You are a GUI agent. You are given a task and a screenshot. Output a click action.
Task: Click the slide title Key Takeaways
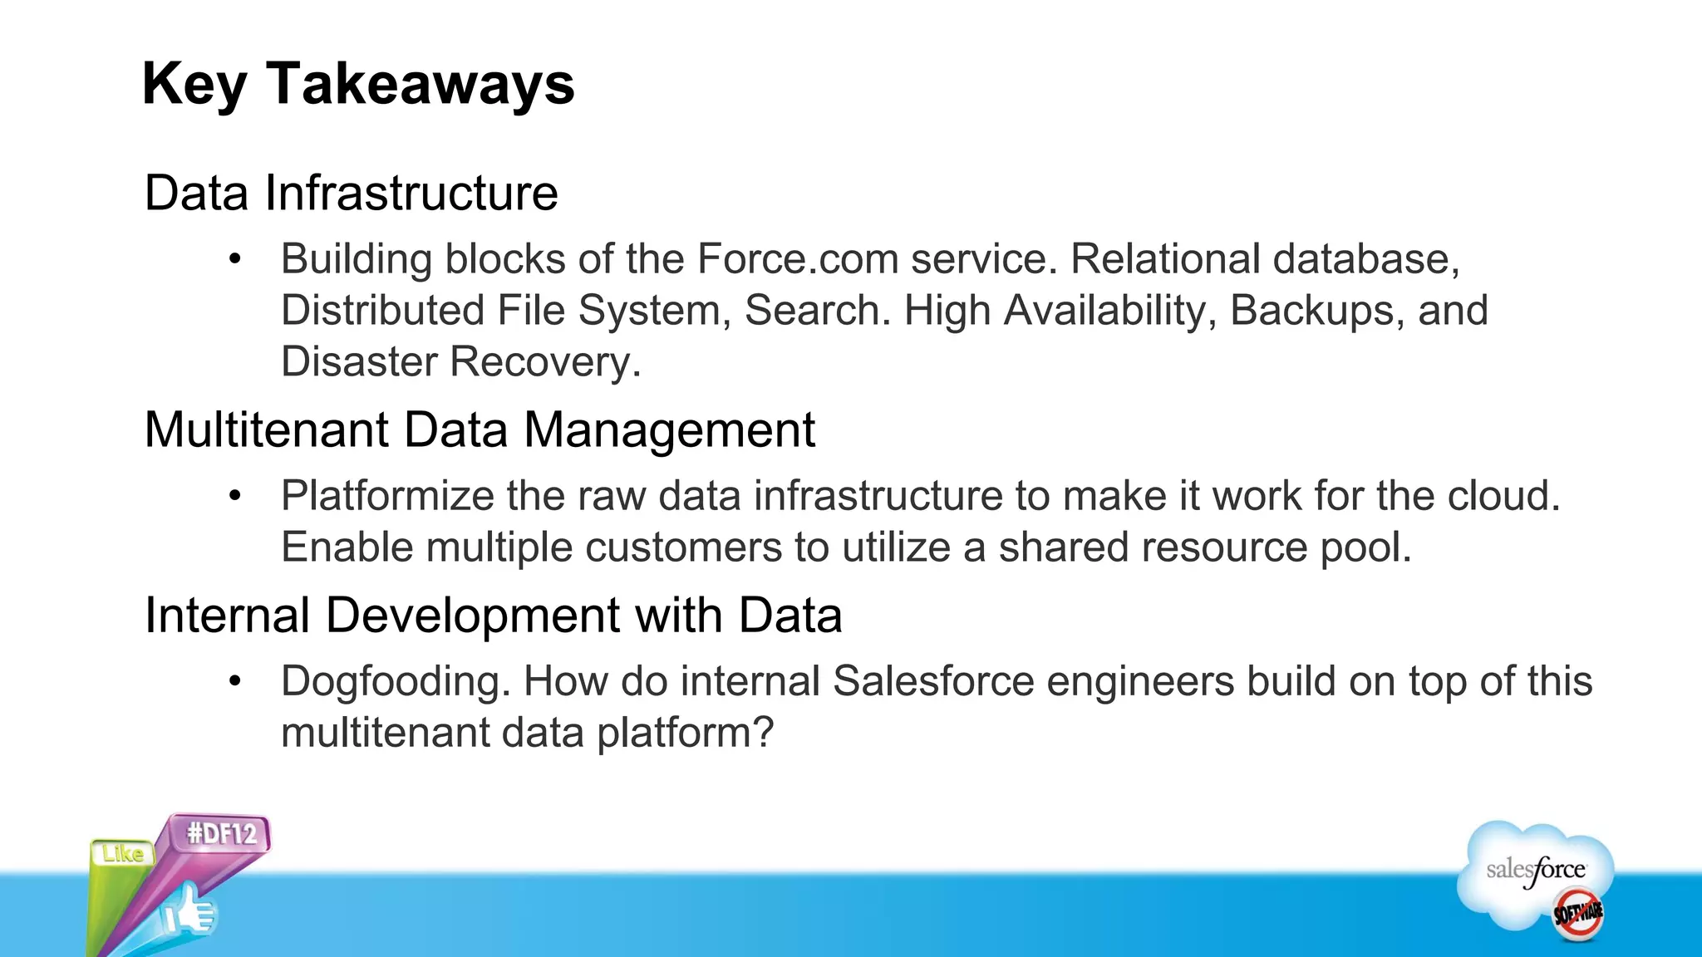[x=358, y=84]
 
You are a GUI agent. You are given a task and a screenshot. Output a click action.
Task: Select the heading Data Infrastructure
[x=351, y=194]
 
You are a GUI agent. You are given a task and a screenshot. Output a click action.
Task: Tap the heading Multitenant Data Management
[x=480, y=430]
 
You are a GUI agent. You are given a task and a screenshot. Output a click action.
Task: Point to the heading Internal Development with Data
[x=493, y=616]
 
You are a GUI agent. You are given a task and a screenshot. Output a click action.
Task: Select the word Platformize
[x=387, y=496]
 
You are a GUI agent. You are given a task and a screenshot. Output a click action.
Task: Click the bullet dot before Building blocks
[x=235, y=260]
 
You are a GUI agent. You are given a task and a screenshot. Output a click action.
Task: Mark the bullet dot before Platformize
[x=235, y=497]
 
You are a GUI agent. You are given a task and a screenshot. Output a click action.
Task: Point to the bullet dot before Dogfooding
[x=235, y=682]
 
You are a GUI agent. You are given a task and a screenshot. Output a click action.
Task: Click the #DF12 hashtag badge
[x=221, y=833]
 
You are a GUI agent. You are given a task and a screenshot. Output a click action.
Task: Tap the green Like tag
[x=122, y=853]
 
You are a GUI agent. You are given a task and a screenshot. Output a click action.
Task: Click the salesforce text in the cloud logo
[x=1535, y=870]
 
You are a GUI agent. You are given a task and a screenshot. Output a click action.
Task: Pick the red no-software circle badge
[x=1578, y=915]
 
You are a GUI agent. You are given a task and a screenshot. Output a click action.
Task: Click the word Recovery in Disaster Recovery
[x=545, y=362]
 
